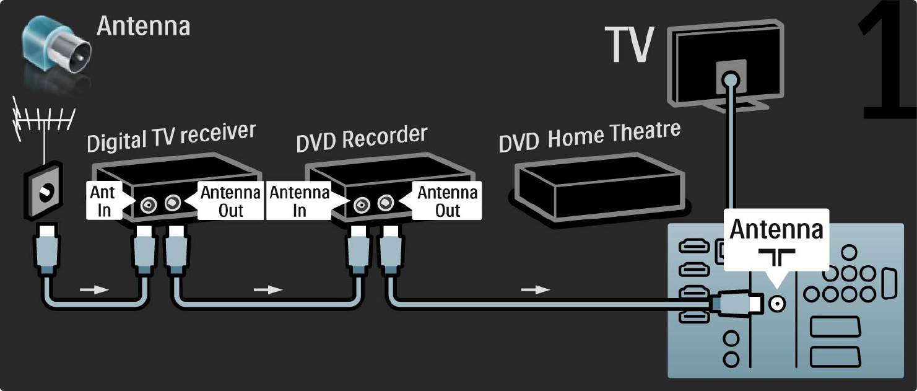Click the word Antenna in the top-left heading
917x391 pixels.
click(x=143, y=27)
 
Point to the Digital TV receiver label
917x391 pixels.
click(x=171, y=138)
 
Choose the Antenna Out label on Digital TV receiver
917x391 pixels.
click(x=230, y=201)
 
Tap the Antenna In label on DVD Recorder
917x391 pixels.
click(x=299, y=201)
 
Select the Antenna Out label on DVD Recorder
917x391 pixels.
click(x=447, y=201)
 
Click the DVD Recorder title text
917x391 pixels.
click(x=362, y=138)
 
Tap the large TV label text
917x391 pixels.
click(x=629, y=45)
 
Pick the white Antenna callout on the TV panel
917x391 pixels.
click(x=776, y=239)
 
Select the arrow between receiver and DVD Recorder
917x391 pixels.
click(x=267, y=289)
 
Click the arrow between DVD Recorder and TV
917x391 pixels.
click(x=535, y=289)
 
